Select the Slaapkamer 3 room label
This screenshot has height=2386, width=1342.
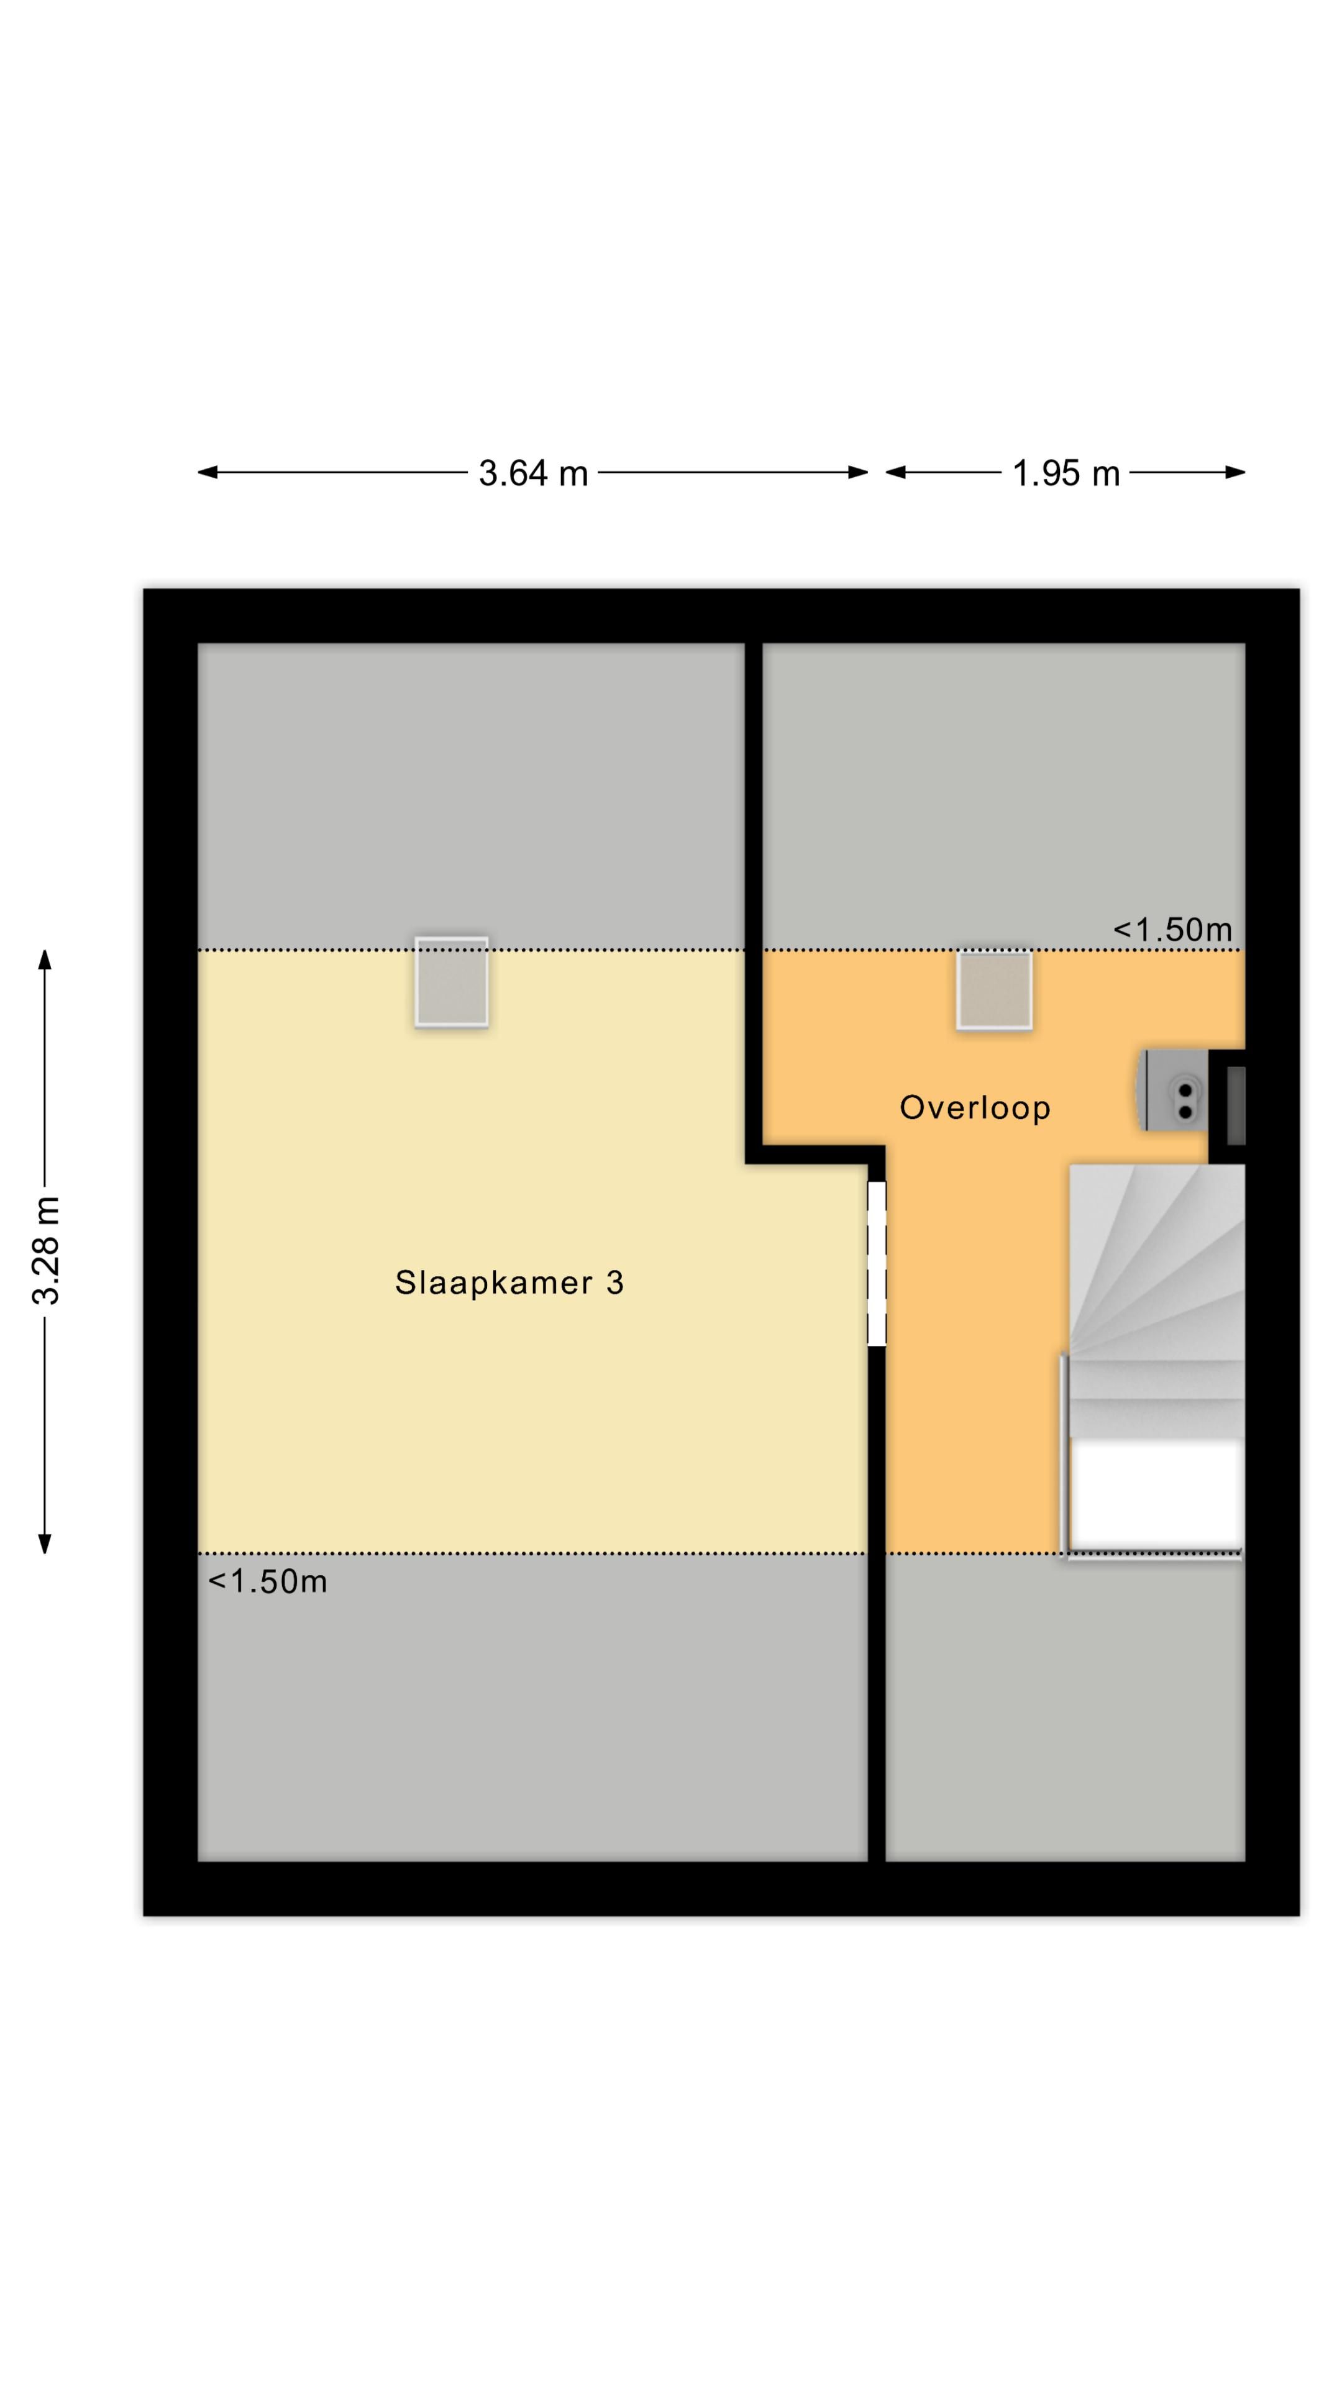508,1283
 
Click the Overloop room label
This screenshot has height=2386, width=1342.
974,1108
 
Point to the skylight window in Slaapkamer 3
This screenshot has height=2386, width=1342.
451,982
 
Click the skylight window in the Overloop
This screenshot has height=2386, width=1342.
994,989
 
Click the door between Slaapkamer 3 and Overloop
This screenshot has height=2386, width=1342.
876,1263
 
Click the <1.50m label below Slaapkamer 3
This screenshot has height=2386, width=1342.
268,1582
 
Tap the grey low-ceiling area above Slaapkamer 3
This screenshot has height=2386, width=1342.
470,795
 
